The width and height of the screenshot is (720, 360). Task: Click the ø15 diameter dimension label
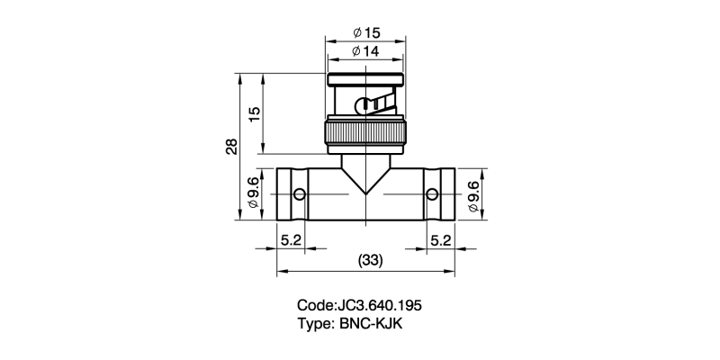pos(365,33)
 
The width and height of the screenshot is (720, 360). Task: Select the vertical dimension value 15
pos(255,113)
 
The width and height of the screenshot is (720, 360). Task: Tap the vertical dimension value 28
pos(232,147)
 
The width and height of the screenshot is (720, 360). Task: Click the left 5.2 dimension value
pos(291,240)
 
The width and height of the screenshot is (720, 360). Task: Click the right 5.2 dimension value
pos(441,240)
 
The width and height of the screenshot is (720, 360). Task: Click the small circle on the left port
pos(299,194)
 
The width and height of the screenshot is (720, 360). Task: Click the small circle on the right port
pos(433,194)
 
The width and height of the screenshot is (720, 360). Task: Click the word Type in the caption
pos(314,323)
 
